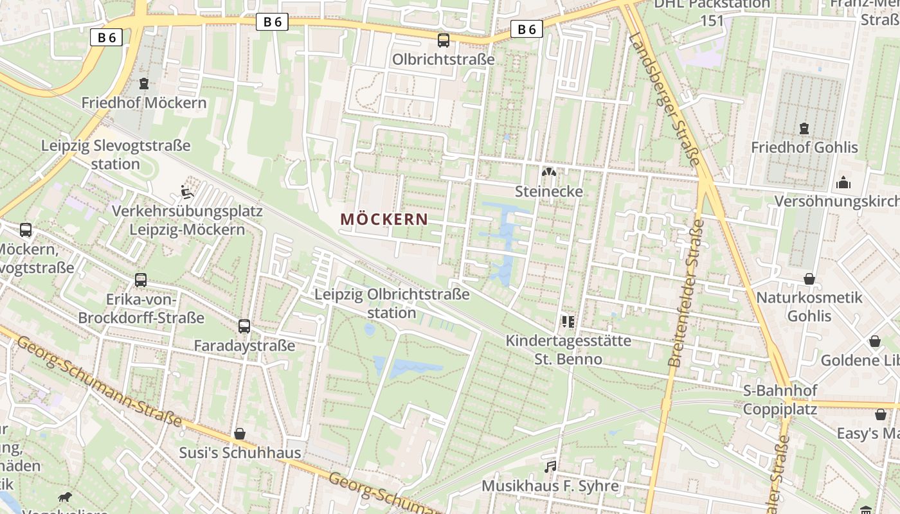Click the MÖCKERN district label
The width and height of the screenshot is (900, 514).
[x=384, y=219]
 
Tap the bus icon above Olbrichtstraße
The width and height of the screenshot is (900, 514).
[x=444, y=40]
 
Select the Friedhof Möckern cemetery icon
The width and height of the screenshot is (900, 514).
[x=144, y=84]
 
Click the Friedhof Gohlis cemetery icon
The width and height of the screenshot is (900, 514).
[x=804, y=128]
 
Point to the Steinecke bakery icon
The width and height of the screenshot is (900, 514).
[x=549, y=172]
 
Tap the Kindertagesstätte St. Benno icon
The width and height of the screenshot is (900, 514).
[x=568, y=321]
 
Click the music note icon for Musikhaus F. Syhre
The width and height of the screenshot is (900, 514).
[x=550, y=466]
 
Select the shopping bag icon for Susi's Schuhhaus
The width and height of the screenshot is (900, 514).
[x=240, y=434]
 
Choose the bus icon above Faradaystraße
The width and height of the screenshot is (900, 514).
[x=244, y=326]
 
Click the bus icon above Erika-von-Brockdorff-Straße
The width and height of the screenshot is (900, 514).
[x=141, y=280]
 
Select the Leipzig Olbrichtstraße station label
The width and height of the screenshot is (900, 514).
[x=392, y=303]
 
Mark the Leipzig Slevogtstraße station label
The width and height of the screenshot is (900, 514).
[x=116, y=154]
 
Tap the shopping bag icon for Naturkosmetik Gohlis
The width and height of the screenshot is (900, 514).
[x=809, y=279]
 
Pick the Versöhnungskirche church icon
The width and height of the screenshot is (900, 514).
[x=843, y=183]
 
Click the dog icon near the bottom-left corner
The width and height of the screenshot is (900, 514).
[x=65, y=497]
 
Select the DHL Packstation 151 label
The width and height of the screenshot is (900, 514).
[x=712, y=12]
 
